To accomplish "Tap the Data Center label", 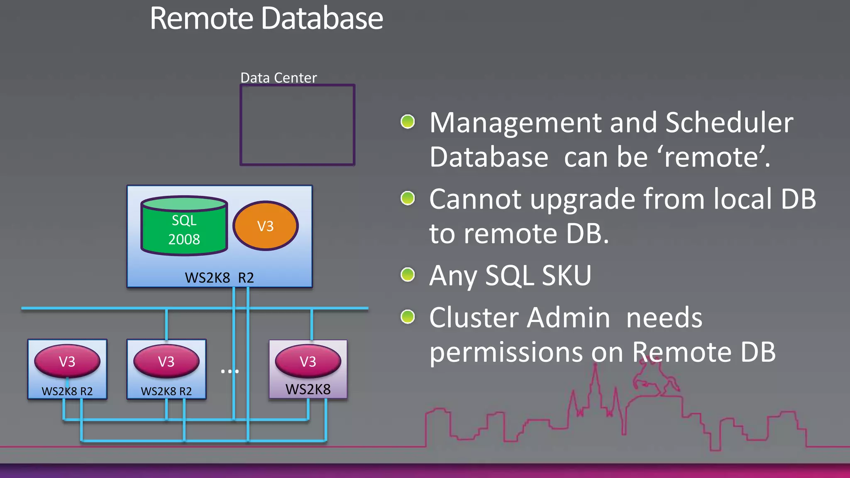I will (278, 78).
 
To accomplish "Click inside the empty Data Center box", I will (297, 125).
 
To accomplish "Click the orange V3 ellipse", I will (266, 226).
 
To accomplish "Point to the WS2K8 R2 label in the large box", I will (219, 278).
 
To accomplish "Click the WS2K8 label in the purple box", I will (308, 389).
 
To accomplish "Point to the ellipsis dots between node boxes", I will (230, 371).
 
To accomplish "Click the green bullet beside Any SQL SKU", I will (408, 274).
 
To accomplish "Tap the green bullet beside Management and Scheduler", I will (408, 122).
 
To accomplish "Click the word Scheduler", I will (729, 123).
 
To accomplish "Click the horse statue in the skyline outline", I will (654, 376).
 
